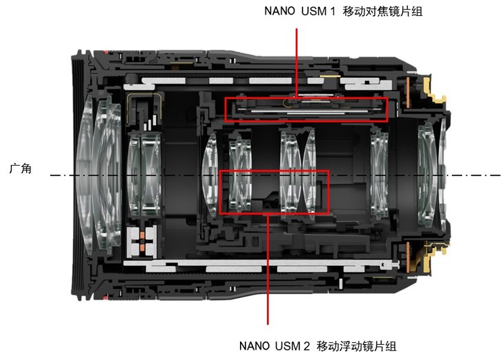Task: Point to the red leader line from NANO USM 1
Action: coord(296,62)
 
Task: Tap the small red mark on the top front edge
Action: coord(102,52)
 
